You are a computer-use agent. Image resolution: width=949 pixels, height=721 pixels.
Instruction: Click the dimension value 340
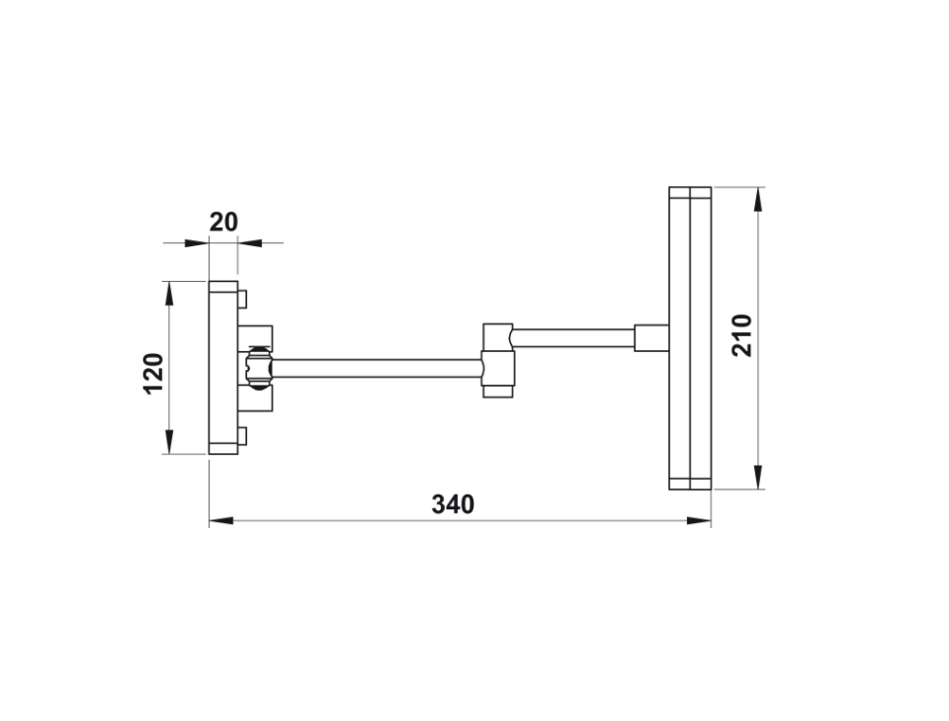[x=453, y=503]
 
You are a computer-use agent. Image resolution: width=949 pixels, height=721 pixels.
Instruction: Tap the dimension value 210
[x=742, y=335]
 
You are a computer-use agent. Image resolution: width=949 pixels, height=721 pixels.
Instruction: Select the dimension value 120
[x=154, y=374]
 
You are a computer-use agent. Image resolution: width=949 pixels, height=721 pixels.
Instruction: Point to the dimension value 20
[x=224, y=223]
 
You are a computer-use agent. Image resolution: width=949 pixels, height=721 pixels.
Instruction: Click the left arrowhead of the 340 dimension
[x=221, y=520]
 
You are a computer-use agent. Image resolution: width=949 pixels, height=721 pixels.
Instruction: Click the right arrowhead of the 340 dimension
[x=699, y=520]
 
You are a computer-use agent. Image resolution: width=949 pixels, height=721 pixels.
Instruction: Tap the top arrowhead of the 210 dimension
[x=758, y=199]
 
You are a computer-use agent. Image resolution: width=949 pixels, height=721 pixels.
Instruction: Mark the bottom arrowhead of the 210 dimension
[x=758, y=477]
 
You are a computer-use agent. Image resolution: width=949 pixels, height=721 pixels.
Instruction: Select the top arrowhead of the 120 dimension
[x=169, y=294]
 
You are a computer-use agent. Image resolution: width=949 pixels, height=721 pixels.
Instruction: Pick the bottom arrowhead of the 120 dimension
[x=169, y=441]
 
